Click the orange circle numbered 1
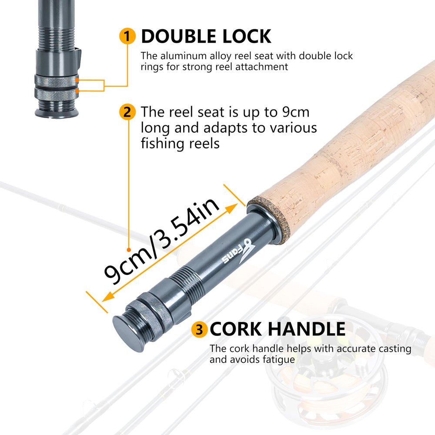coord(127,37)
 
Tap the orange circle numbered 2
coord(127,112)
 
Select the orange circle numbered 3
coord(199,330)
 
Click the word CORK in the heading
coord(235,329)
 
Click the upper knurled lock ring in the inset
coord(57,80)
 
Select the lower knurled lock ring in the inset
coord(57,92)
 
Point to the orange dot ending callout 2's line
coord(128,250)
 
